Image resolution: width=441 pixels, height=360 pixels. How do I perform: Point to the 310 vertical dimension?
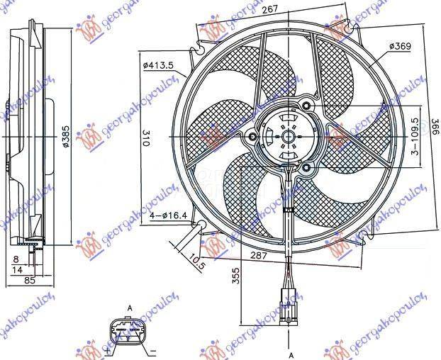[146, 137]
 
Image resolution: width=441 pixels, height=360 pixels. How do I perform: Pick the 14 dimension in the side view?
[16, 270]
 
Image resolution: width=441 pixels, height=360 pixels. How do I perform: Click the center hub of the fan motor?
[289, 135]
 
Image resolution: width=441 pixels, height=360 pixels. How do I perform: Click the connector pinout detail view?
[128, 331]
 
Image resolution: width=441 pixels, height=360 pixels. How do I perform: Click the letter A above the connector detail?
[130, 307]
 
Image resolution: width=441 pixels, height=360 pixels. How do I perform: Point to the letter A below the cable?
[290, 354]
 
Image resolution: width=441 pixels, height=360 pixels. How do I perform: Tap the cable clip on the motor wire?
[289, 210]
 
